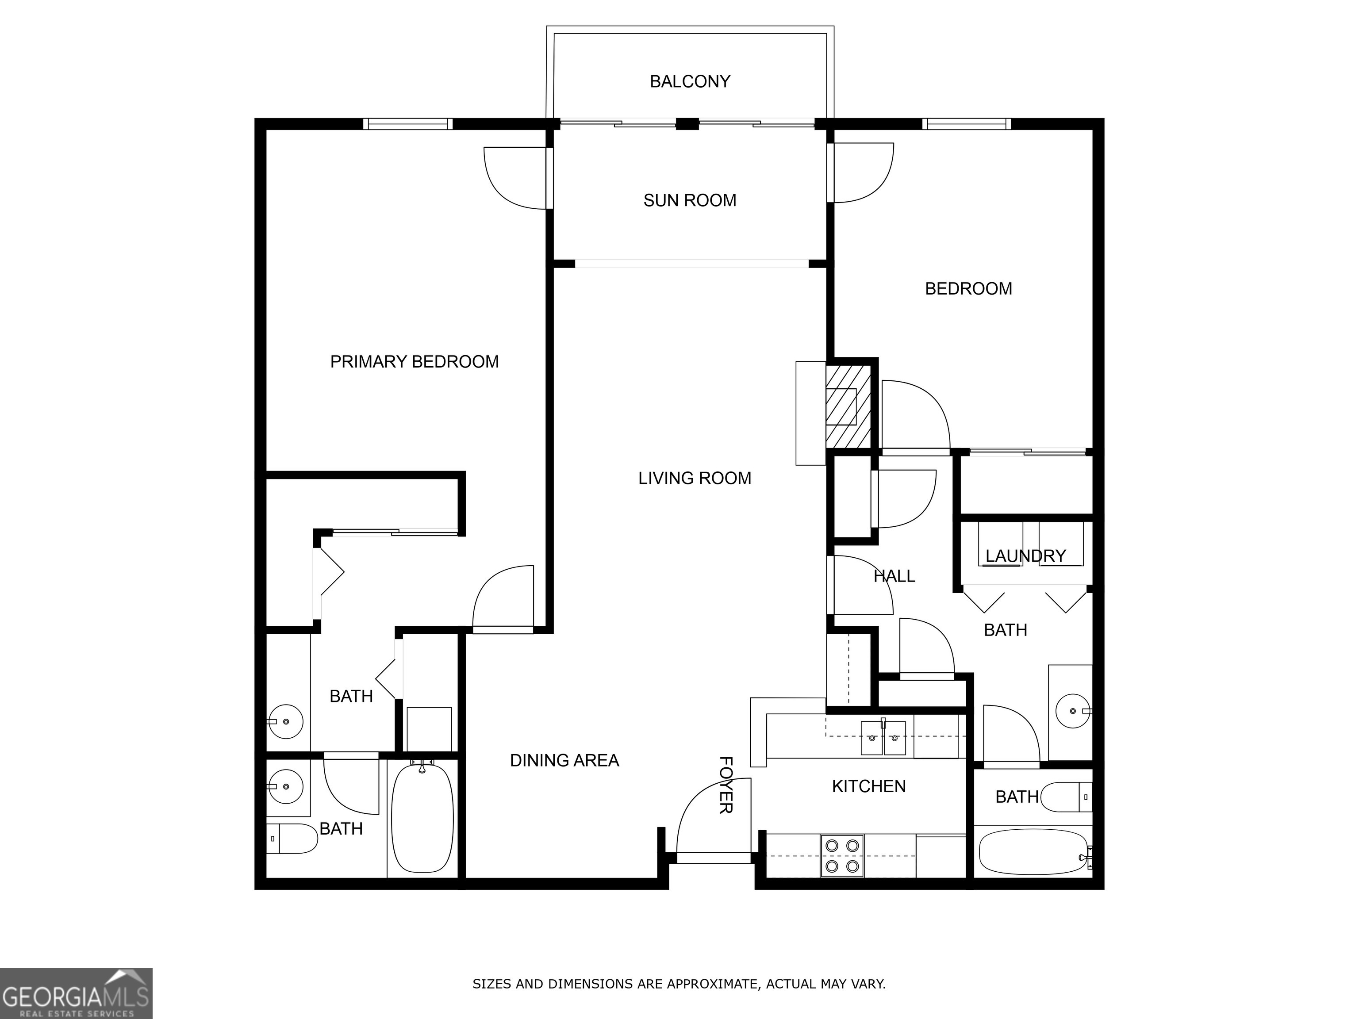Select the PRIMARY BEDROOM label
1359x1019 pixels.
[414, 362]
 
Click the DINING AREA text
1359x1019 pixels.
[564, 760]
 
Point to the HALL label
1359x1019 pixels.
[894, 576]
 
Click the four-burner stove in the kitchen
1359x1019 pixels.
[842, 856]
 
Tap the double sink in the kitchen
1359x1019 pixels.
[883, 738]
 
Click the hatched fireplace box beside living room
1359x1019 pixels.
[848, 406]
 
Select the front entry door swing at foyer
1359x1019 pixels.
[706, 817]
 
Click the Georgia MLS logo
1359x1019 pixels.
[76, 993]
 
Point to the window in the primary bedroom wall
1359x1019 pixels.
[407, 124]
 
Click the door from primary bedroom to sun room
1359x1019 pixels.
[516, 178]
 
